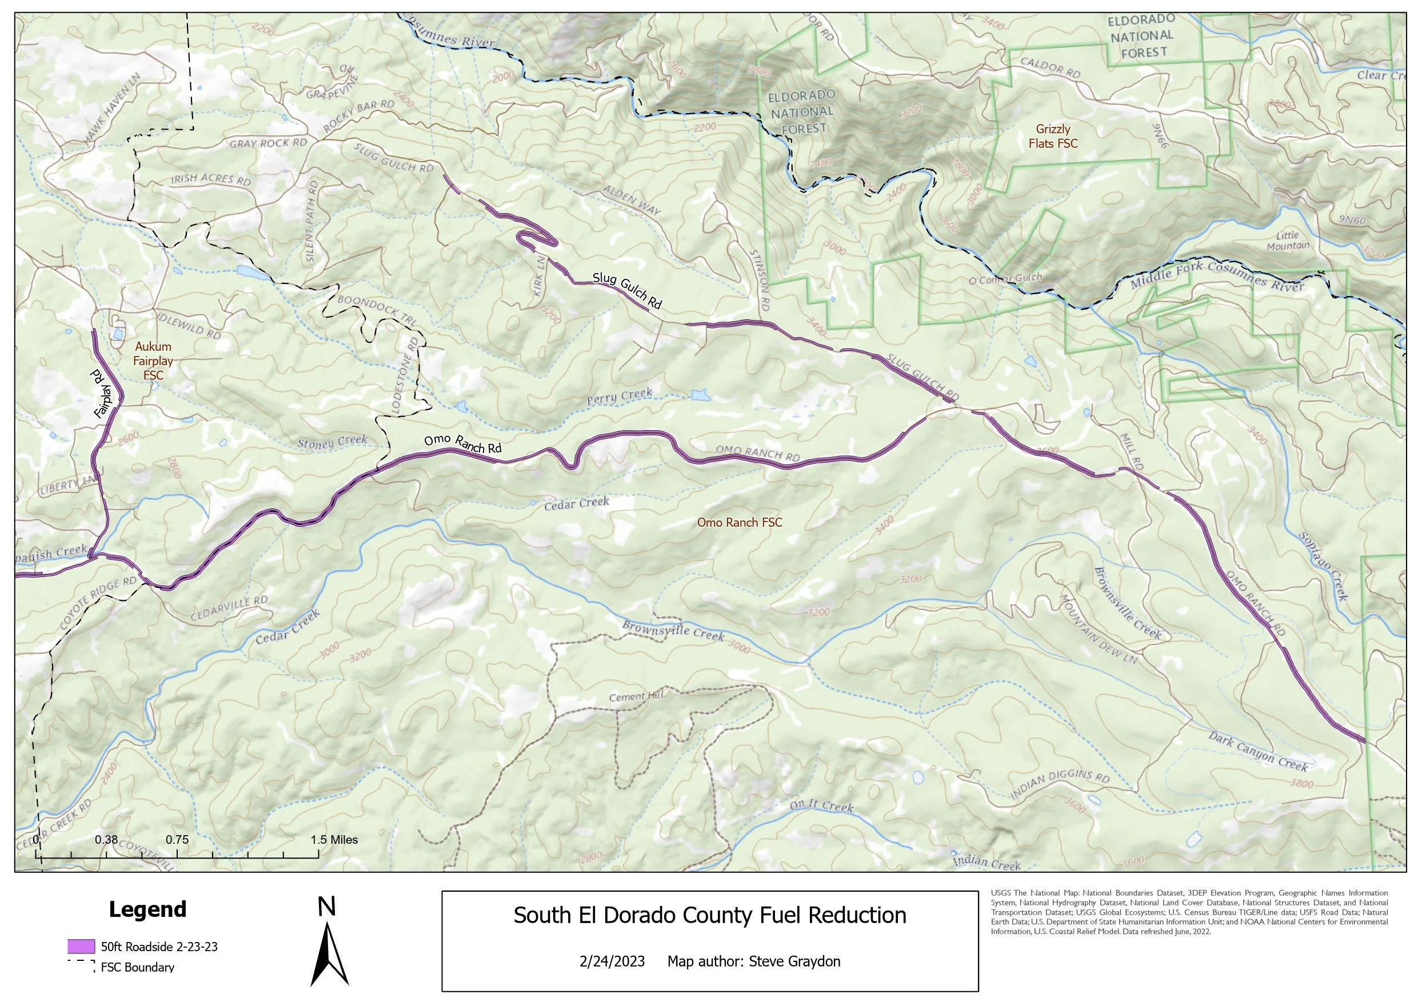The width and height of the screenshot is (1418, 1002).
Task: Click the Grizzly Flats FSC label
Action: tap(1052, 137)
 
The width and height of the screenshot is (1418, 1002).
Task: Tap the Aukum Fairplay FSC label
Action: tap(153, 361)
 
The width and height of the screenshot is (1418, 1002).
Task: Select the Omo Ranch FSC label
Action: tap(739, 523)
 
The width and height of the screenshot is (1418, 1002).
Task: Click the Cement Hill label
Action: tap(636, 696)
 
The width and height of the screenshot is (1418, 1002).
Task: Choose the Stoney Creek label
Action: tap(332, 442)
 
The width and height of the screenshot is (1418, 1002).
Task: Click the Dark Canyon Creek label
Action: tap(1258, 752)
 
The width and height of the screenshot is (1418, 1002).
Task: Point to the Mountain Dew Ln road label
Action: tap(1098, 630)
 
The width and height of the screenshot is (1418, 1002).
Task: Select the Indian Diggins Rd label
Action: tap(1060, 787)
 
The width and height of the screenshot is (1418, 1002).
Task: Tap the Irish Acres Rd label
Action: tap(211, 179)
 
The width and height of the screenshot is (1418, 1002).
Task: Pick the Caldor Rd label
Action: tap(1050, 67)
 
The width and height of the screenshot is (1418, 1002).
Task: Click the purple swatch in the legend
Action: tap(81, 947)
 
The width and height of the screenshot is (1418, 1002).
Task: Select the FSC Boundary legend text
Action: tap(137, 967)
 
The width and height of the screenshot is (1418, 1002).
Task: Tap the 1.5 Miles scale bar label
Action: tap(334, 840)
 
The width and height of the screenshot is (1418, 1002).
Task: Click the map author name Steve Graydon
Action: tap(794, 961)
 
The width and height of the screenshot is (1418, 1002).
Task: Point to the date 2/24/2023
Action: tap(612, 961)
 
